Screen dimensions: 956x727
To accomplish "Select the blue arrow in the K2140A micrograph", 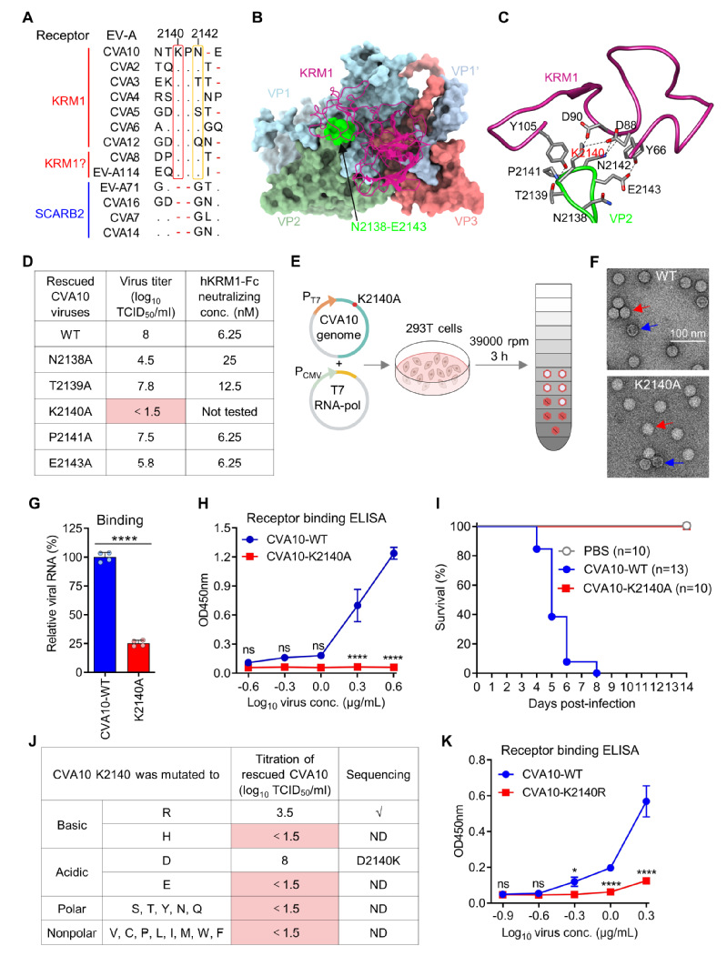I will pyautogui.click(x=671, y=463).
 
